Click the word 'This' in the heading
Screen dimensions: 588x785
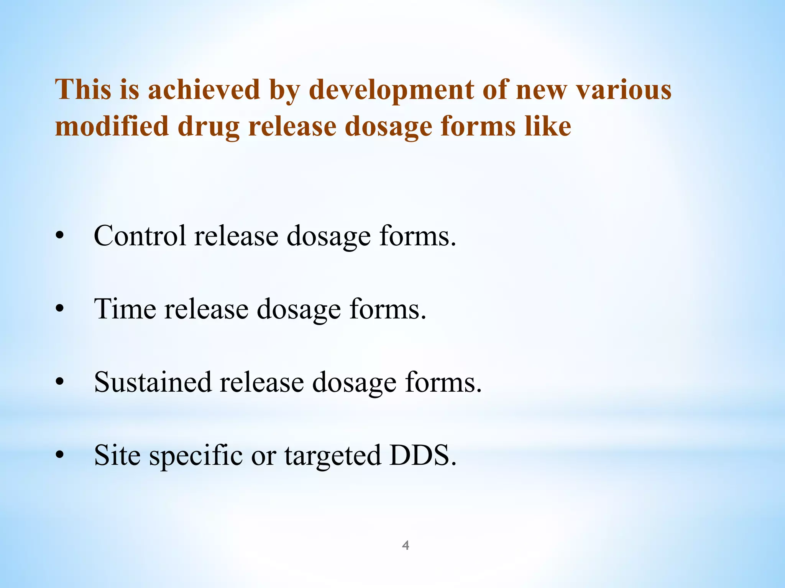pyautogui.click(x=84, y=89)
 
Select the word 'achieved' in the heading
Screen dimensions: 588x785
pyautogui.click(x=204, y=89)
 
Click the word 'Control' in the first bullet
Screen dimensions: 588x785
pyautogui.click(x=140, y=235)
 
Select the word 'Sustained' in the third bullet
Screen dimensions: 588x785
pyautogui.click(x=153, y=382)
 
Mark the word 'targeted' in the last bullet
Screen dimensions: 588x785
pyautogui.click(x=333, y=456)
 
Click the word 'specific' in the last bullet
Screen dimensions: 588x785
pyautogui.click(x=196, y=456)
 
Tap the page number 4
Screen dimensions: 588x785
pyautogui.click(x=406, y=545)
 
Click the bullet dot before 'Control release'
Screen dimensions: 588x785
pyautogui.click(x=59, y=236)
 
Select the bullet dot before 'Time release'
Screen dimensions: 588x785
pyautogui.click(x=59, y=309)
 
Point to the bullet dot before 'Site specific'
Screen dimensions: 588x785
pyautogui.click(x=59, y=455)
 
